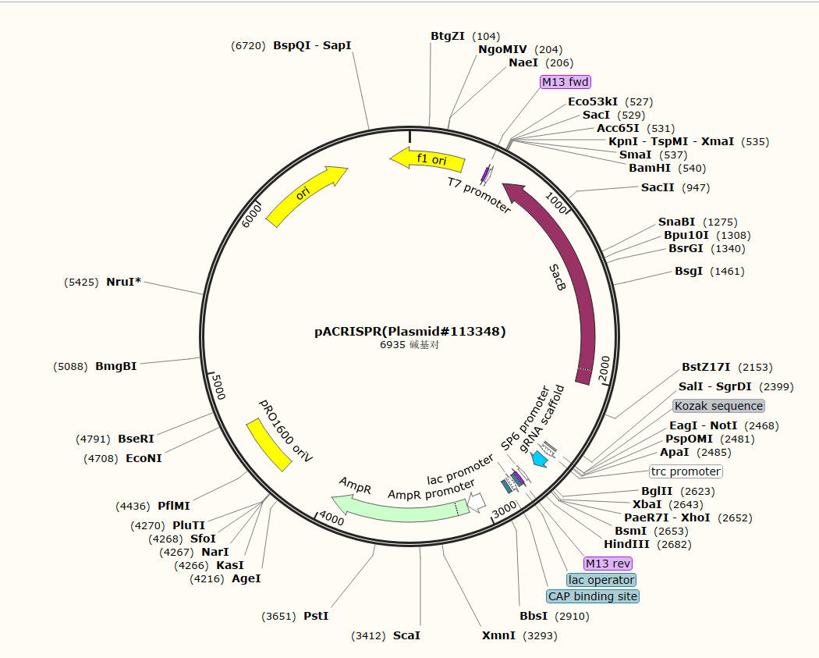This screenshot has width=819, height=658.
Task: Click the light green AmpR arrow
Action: point(398,508)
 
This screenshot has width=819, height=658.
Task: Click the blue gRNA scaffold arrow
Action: point(539,460)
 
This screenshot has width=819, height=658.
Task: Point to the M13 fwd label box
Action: point(565,82)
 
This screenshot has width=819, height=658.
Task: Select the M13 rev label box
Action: point(608,564)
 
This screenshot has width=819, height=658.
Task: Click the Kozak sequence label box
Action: point(718,406)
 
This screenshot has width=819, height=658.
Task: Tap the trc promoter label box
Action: point(686,471)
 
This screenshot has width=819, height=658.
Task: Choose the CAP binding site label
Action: point(593,596)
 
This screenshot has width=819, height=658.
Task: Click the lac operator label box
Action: point(601,580)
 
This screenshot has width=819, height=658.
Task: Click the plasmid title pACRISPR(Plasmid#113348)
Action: point(410,332)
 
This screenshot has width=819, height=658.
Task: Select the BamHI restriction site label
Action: point(650,168)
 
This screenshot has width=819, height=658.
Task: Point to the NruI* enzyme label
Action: point(124,282)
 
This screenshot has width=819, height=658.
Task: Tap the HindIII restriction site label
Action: point(626,544)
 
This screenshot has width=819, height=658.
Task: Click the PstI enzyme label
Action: point(316,616)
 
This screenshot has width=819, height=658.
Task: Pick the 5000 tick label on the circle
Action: point(217,386)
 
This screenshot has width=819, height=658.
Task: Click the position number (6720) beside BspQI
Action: point(249,45)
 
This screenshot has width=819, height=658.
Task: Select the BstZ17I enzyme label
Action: point(706,367)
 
